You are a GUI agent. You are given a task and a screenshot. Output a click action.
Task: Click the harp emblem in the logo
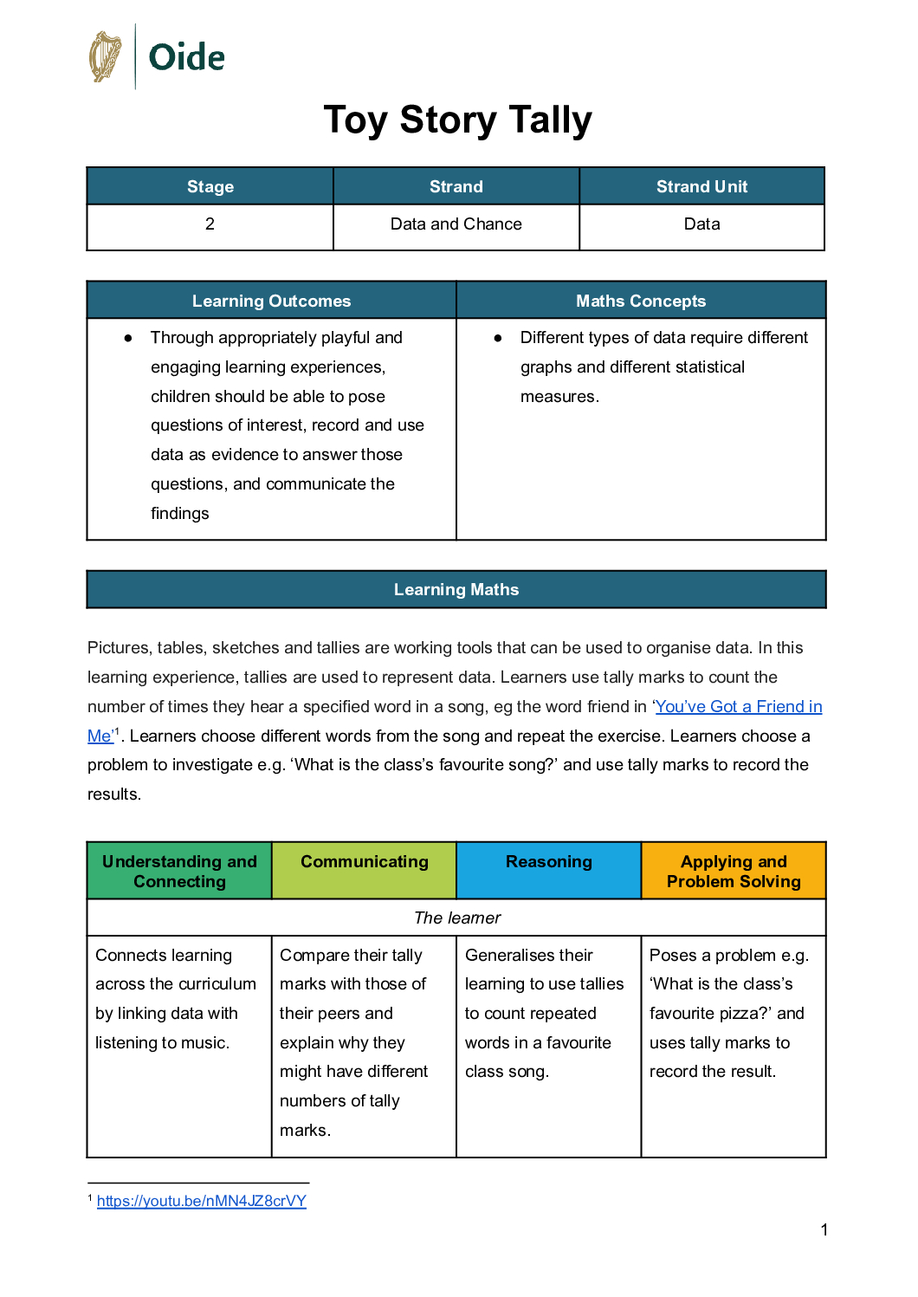tap(106, 57)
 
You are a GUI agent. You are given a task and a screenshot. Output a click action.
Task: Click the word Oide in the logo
tap(186, 58)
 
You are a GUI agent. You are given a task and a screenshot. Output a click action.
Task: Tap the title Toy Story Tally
tap(457, 120)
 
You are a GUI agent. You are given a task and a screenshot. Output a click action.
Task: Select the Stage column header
tap(210, 186)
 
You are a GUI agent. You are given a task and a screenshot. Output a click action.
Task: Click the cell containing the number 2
tap(210, 224)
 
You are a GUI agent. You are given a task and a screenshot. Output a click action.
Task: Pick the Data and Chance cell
tap(456, 224)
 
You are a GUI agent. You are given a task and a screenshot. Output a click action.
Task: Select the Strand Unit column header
tap(701, 186)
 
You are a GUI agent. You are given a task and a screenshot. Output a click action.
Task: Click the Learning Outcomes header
tap(271, 301)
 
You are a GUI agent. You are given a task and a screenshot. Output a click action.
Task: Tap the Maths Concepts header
tap(641, 301)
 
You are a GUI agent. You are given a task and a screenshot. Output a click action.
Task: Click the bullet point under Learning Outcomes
tap(128, 338)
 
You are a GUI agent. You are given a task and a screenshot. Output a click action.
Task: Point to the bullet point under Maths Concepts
tap(498, 338)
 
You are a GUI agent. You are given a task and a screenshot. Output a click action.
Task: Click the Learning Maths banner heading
tap(456, 589)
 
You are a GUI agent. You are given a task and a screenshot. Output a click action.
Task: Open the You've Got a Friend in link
tap(738, 706)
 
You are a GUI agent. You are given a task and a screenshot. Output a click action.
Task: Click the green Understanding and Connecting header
tap(179, 871)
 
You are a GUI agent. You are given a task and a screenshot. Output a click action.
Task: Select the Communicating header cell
tap(364, 861)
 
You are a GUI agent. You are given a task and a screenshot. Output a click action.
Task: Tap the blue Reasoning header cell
tap(548, 861)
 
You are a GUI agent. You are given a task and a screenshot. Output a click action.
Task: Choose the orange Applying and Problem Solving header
tap(734, 871)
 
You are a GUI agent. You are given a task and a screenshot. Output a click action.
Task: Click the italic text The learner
tap(457, 918)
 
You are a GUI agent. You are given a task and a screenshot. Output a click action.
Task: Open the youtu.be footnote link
tap(202, 1201)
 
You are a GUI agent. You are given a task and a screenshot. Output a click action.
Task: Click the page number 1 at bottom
tap(824, 1229)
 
